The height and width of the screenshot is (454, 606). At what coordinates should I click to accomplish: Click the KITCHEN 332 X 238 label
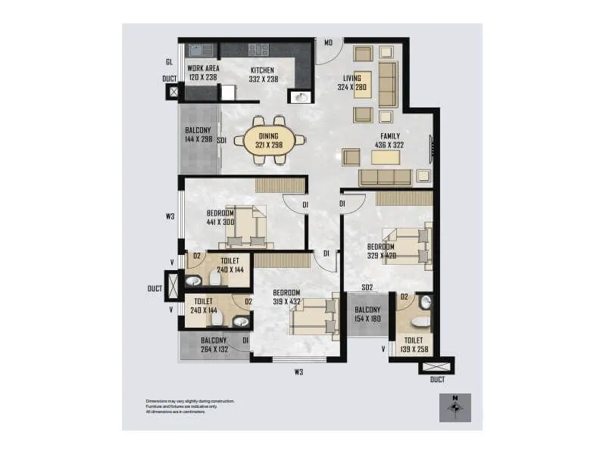tap(263, 74)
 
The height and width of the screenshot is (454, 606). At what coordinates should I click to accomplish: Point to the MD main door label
tap(329, 43)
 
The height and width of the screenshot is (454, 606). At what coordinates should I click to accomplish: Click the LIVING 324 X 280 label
tap(351, 82)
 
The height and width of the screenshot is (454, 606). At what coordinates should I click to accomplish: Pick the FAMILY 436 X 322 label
tap(389, 141)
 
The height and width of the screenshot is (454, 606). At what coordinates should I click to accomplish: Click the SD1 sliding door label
tap(222, 141)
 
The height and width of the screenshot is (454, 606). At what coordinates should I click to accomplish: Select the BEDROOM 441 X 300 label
tap(220, 217)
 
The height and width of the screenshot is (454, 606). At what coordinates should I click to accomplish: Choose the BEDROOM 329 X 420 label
tap(382, 251)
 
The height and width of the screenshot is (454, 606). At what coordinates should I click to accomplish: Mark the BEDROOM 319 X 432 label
tap(286, 297)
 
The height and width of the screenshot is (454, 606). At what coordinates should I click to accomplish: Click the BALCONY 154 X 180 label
tap(367, 313)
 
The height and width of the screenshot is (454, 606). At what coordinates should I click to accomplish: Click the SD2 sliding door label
tap(367, 288)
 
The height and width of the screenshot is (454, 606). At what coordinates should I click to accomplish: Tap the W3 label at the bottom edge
tap(299, 372)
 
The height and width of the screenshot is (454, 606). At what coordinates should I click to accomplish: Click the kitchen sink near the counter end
tap(301, 97)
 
